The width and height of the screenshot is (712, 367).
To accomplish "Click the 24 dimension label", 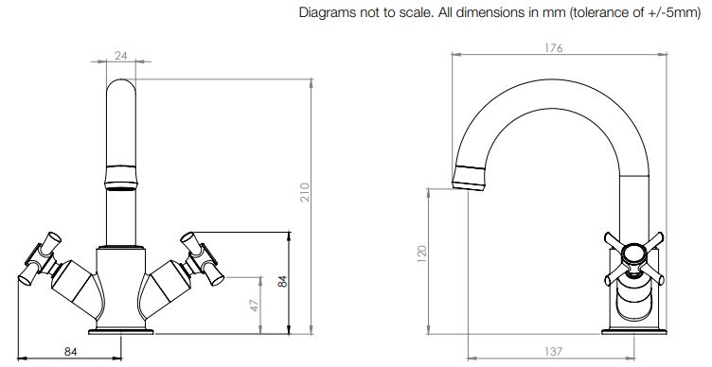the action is (x=121, y=56).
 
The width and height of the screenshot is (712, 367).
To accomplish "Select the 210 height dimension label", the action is (x=304, y=192).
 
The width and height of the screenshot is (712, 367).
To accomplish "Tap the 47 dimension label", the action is (x=255, y=305).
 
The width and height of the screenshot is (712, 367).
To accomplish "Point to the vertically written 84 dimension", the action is (x=282, y=281).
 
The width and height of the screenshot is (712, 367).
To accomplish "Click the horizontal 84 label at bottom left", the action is (x=70, y=352).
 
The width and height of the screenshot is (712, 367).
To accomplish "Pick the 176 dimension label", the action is (x=553, y=47).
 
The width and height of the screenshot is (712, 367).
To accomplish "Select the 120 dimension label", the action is (x=422, y=254).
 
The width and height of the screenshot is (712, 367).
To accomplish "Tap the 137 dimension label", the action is (x=553, y=351).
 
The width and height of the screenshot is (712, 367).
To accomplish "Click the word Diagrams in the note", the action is (x=328, y=12).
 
